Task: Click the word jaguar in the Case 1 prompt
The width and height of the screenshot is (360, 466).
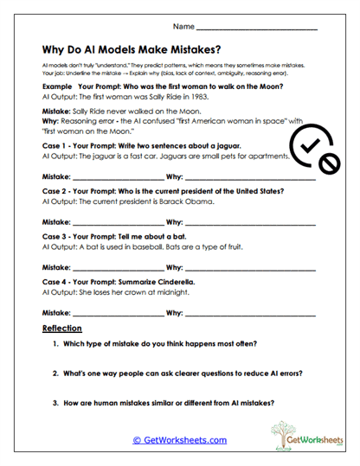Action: (x=221, y=147)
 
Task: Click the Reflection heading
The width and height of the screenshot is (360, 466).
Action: (x=61, y=329)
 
